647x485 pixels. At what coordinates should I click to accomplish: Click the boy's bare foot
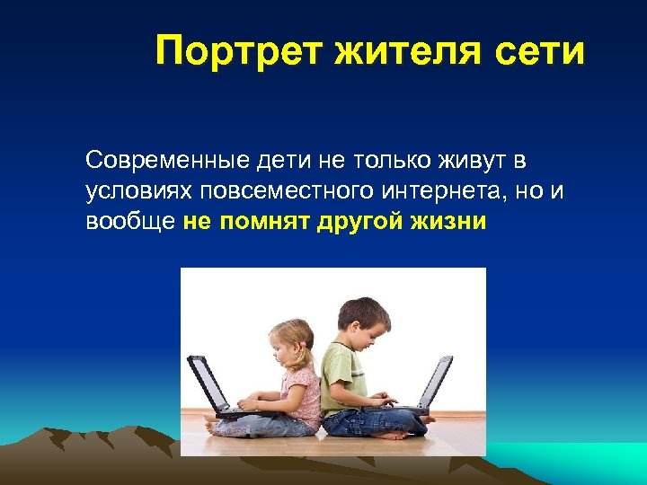[x=395, y=434]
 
